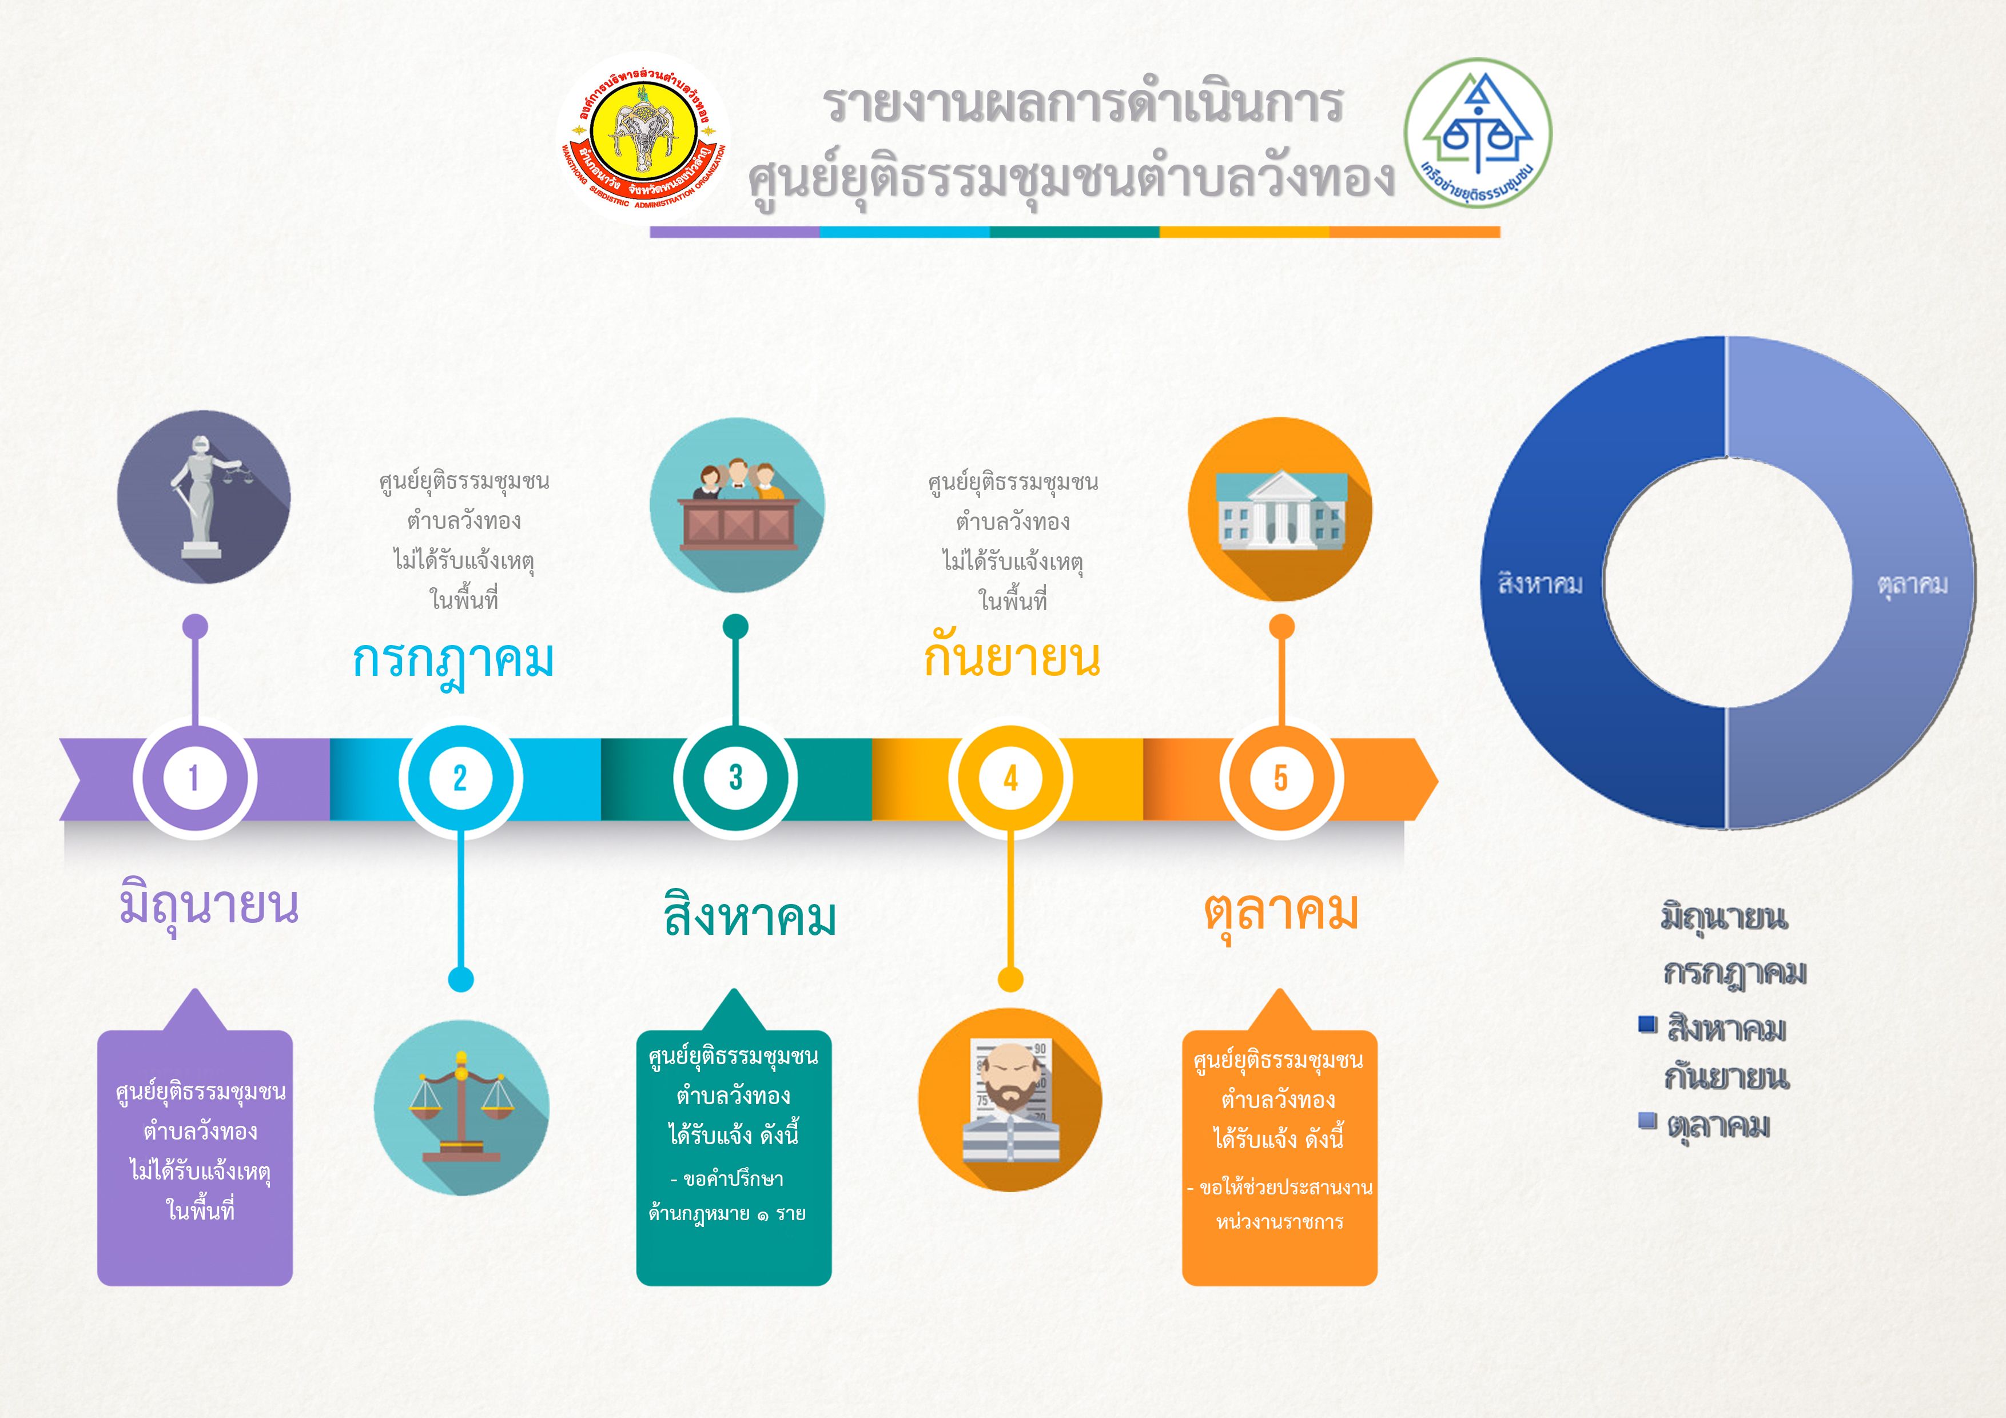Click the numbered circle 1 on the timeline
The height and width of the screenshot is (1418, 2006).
[x=194, y=778]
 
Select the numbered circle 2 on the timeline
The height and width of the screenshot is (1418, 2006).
[x=460, y=778]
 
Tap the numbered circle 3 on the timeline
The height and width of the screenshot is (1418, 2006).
[x=735, y=778]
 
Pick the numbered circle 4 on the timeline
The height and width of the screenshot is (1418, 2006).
[x=1011, y=778]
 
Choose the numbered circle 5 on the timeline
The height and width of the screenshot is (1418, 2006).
[x=1281, y=778]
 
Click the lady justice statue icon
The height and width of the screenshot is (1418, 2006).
[x=204, y=497]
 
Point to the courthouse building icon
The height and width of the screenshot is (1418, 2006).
[x=1280, y=509]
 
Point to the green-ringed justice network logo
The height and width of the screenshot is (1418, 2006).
[x=1478, y=133]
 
